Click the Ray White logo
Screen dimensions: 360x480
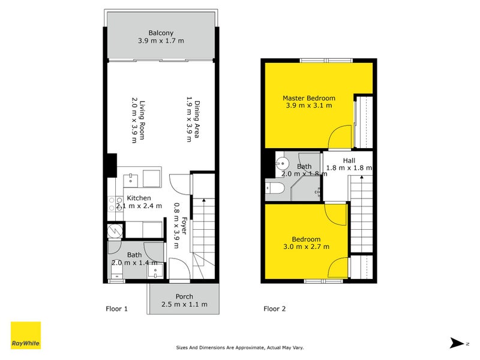pyautogui.click(x=26, y=335)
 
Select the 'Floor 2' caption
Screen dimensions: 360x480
pyautogui.click(x=275, y=309)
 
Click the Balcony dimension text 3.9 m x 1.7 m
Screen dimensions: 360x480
pyautogui.click(x=161, y=41)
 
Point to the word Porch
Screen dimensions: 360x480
pyautogui.click(x=184, y=296)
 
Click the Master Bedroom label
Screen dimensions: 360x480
pyautogui.click(x=309, y=98)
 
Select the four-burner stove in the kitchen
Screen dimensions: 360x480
pyautogui.click(x=112, y=204)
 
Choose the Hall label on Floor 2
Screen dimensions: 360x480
pyautogui.click(x=349, y=160)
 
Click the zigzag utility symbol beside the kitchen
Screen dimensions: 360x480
pyautogui.click(x=115, y=230)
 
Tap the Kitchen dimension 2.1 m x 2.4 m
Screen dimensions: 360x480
pyautogui.click(x=139, y=206)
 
